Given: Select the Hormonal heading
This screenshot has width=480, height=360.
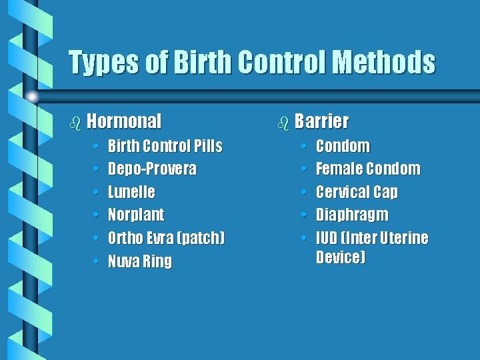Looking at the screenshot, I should pyautogui.click(x=124, y=121).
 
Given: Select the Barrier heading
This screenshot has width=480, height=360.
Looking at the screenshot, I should pyautogui.click(x=321, y=121).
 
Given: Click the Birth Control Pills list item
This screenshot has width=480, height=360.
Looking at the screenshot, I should pyautogui.click(x=165, y=146).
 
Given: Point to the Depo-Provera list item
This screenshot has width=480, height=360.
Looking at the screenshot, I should pyautogui.click(x=152, y=169).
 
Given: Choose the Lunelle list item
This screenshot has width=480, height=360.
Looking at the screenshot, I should pyautogui.click(x=131, y=192).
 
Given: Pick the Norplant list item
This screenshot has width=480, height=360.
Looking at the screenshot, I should pyautogui.click(x=136, y=215).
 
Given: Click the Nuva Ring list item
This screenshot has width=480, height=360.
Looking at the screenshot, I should pyautogui.click(x=139, y=261).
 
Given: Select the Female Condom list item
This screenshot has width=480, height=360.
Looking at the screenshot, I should pyautogui.click(x=368, y=169).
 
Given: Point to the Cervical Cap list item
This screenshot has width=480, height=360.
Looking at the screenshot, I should pyautogui.click(x=357, y=192).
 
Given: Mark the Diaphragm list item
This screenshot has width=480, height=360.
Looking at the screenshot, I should pyautogui.click(x=352, y=215).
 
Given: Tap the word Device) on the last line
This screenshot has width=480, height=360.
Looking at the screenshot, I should pyautogui.click(x=341, y=257).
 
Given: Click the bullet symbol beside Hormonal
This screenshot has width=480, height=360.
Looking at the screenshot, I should pyautogui.click(x=76, y=123).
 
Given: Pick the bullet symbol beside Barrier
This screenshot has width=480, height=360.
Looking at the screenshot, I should pyautogui.click(x=284, y=123).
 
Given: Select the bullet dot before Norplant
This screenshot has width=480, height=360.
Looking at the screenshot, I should pyautogui.click(x=97, y=215).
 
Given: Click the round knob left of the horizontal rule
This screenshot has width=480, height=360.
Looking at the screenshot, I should pyautogui.click(x=31, y=96).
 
